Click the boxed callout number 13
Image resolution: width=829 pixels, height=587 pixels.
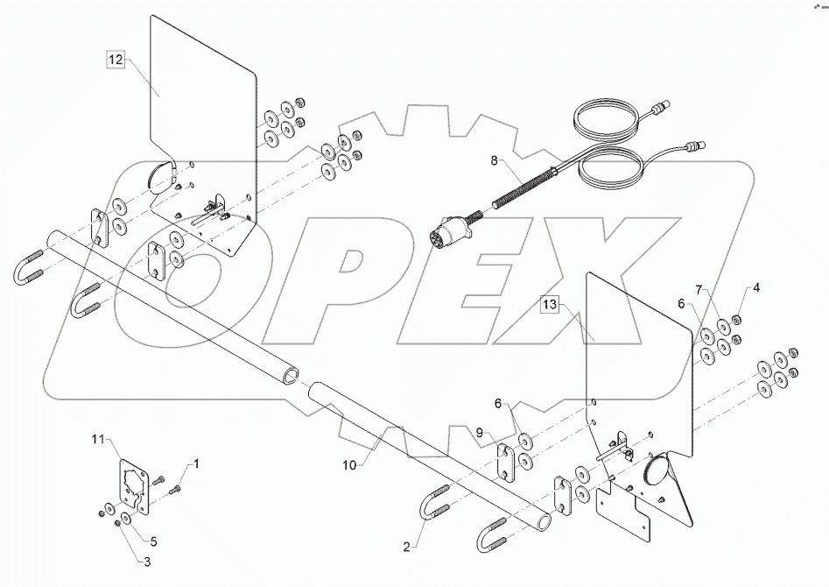point(549,305)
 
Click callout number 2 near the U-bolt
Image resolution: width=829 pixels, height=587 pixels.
point(406,546)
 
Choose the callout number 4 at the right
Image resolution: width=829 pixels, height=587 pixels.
point(757,287)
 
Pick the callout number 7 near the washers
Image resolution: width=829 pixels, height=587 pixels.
point(699,289)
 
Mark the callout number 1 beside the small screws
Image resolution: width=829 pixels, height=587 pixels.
point(195,462)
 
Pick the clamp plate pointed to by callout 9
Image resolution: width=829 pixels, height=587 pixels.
point(508,462)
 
